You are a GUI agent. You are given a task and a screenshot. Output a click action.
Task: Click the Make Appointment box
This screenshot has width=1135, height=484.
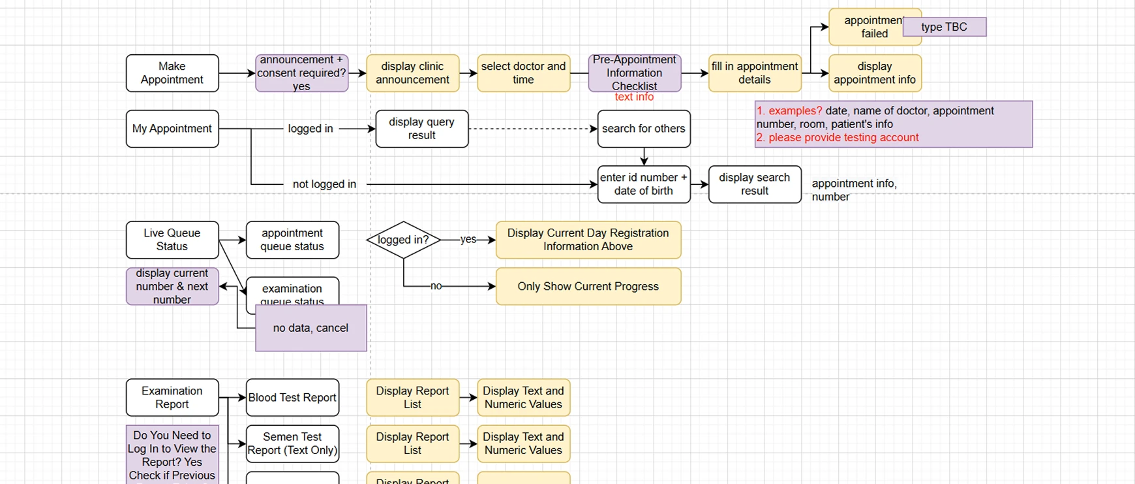coord(172,73)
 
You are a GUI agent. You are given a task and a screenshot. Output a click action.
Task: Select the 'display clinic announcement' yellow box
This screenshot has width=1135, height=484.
coord(412,73)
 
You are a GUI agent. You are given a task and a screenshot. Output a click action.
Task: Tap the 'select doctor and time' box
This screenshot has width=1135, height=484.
coord(523,73)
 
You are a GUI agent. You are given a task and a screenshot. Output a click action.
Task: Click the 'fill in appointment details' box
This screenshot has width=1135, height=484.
coord(754,73)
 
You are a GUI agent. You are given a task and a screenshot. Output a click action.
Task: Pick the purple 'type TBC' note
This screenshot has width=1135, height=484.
coord(944,27)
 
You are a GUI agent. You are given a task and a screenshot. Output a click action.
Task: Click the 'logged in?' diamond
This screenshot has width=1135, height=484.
coord(403,240)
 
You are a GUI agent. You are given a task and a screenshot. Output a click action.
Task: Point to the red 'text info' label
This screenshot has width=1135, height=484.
coord(634,97)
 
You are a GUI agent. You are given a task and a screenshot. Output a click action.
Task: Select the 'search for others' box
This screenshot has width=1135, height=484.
coord(643,129)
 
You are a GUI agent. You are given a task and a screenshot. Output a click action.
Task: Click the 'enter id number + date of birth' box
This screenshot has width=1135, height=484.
coord(643,184)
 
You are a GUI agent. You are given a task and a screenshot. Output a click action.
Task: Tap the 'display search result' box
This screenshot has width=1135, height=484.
coord(754,184)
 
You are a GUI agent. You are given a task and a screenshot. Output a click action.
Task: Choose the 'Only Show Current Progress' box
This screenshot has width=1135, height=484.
coord(588,286)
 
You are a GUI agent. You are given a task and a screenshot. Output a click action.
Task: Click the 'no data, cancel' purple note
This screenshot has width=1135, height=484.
coord(310,328)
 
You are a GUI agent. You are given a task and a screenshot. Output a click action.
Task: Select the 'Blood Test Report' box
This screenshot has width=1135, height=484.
coord(292,397)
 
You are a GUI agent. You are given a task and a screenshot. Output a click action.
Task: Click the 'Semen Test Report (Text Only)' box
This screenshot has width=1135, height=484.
coord(292,444)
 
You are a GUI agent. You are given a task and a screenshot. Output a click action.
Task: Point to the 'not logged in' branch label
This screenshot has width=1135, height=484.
coord(324,184)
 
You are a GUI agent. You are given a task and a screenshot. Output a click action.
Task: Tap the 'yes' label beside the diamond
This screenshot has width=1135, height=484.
coord(468,240)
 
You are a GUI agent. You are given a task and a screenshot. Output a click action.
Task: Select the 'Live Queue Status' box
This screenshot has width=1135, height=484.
coord(172,240)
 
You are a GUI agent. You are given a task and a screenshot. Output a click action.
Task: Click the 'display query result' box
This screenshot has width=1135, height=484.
coord(421,129)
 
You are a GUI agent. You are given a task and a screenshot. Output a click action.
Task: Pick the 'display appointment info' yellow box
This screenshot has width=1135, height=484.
coord(874,73)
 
